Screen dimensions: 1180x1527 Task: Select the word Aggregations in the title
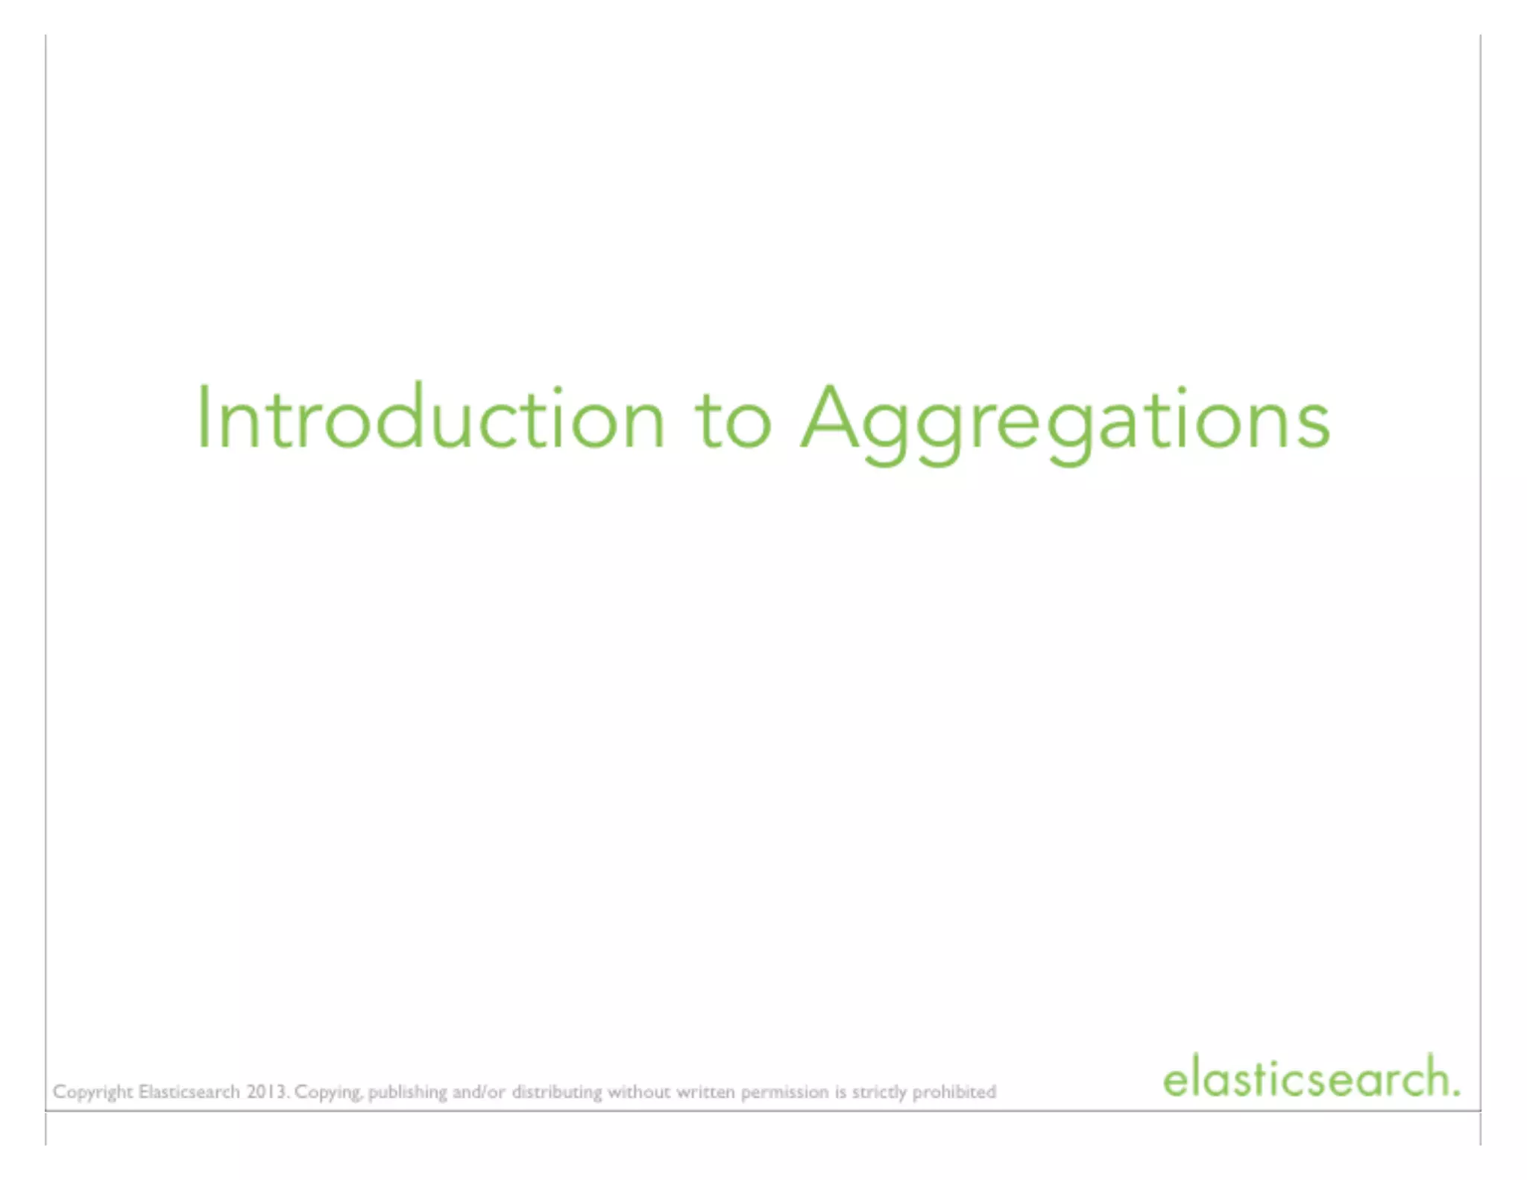pos(1065,422)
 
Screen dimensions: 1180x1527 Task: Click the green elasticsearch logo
pos(1310,1078)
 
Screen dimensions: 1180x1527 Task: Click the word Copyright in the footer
pos(92,1093)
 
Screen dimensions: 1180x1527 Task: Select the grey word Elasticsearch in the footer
pos(189,1091)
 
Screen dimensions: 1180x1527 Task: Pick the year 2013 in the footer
pos(267,1091)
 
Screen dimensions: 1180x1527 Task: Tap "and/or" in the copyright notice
pos(479,1091)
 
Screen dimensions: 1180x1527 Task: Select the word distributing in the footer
pos(556,1093)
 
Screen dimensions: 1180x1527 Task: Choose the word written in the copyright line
pos(705,1091)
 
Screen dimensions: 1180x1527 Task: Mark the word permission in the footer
pos(784,1093)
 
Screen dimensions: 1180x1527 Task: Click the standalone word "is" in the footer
pos(840,1091)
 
